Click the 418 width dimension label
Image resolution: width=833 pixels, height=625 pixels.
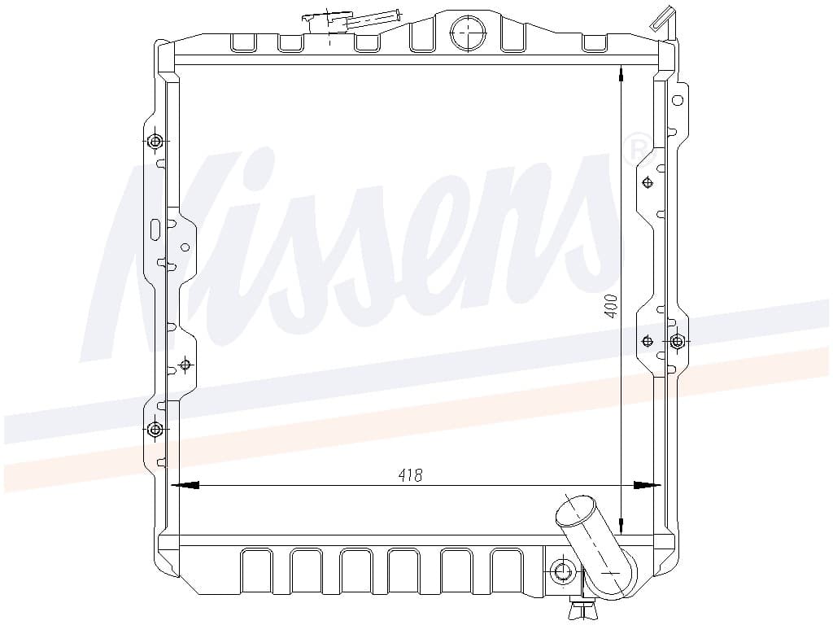pos(410,474)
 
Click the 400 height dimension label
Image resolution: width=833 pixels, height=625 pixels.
pos(612,306)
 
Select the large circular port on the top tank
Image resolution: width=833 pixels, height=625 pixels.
pos(468,33)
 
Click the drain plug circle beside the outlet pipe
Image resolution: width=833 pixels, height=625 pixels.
pos(562,572)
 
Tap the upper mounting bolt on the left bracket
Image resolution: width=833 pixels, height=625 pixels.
pos(155,142)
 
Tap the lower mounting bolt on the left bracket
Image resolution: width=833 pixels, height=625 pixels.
pos(155,429)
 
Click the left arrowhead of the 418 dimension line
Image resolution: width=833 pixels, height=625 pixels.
pos(185,485)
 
